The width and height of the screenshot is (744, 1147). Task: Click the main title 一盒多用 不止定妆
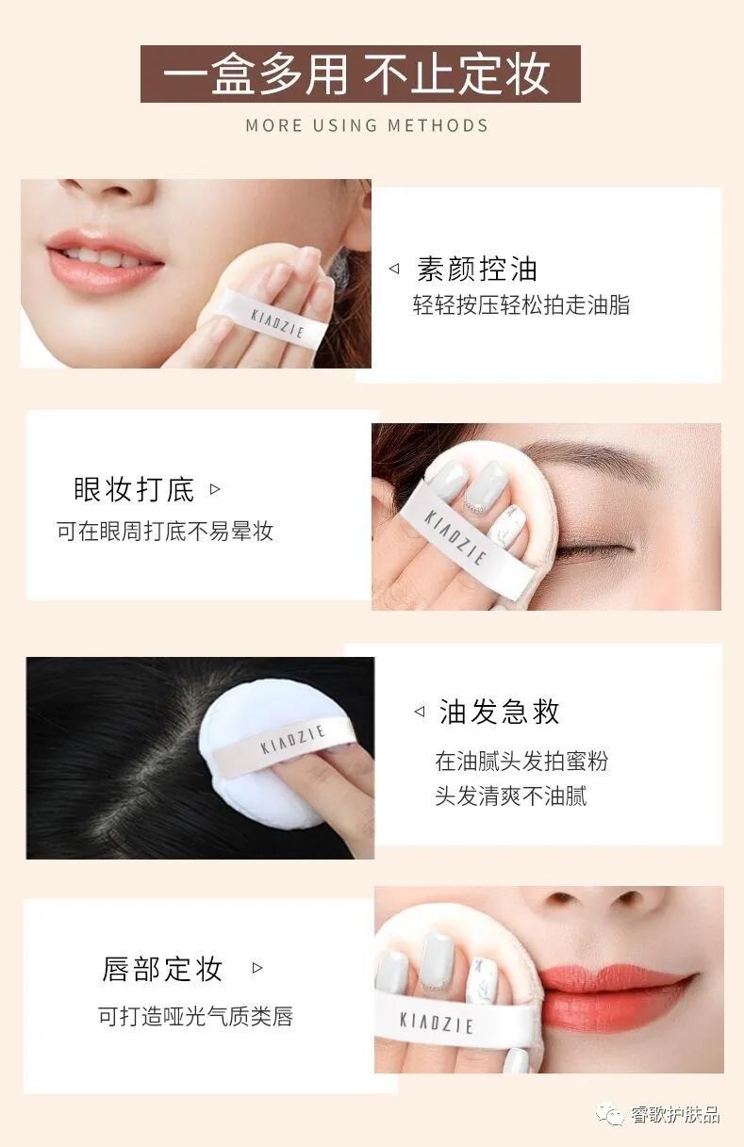(359, 74)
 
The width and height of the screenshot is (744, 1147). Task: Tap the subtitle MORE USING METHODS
(367, 125)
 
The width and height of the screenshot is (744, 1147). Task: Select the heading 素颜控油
(476, 269)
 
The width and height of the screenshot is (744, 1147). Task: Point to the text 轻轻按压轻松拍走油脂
(521, 304)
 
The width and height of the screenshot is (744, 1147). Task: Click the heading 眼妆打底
(134, 489)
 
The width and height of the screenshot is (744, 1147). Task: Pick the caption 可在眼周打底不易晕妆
(165, 531)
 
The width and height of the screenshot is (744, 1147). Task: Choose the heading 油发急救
(500, 712)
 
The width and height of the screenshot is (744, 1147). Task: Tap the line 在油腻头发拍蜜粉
(521, 761)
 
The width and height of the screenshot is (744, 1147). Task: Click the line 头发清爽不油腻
(510, 795)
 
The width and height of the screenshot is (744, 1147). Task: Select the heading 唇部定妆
(162, 968)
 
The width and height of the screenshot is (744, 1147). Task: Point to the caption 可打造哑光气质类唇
(195, 1016)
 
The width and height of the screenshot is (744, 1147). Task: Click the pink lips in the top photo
(104, 258)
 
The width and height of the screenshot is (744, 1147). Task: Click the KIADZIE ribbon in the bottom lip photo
(436, 1021)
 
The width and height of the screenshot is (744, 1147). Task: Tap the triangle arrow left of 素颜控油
(394, 270)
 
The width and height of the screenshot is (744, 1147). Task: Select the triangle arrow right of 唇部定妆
(257, 968)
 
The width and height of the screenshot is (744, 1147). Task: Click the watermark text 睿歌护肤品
(675, 1115)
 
